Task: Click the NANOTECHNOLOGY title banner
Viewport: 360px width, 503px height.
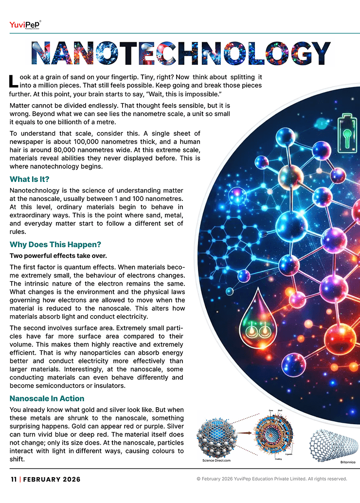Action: [x=180, y=53]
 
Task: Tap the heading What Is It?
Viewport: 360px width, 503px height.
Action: [x=30, y=179]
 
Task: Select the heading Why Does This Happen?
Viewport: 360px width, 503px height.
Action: [x=55, y=244]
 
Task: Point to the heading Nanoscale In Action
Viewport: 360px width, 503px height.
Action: [x=47, y=398]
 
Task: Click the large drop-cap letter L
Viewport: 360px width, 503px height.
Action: [x=14, y=81]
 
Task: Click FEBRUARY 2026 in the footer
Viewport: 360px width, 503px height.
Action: [x=52, y=479]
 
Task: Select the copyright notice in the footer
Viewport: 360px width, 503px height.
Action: [x=271, y=479]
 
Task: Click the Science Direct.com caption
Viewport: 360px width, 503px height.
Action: [x=216, y=460]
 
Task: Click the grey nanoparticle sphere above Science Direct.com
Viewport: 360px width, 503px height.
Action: [x=218, y=436]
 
